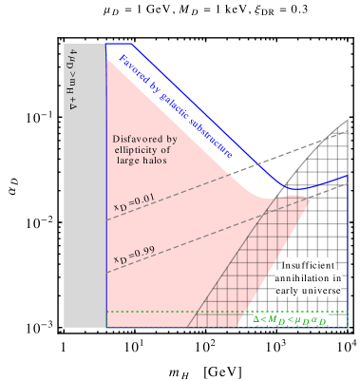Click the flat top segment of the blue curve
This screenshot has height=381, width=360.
tap(120, 44)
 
